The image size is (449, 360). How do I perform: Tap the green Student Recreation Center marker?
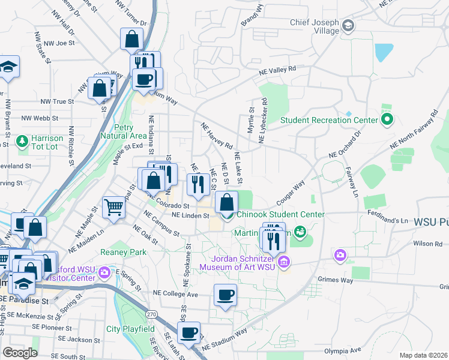(387, 120)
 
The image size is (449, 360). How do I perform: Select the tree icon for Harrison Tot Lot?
(23, 141)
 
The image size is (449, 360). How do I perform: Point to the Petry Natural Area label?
(133, 131)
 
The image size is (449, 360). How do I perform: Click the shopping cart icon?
(113, 207)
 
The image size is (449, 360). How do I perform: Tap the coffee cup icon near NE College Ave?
(225, 295)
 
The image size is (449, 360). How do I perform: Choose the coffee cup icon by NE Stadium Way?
(189, 332)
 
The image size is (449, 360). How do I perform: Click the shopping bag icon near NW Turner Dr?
(131, 40)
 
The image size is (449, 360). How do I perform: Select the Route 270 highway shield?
(152, 314)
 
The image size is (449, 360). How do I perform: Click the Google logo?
(20, 352)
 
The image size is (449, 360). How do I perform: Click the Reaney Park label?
(124, 253)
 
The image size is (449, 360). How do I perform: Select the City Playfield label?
(130, 329)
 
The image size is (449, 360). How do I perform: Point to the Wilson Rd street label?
(427, 244)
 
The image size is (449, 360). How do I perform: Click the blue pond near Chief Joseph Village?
(382, 53)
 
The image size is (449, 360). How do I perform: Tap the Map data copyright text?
(424, 355)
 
